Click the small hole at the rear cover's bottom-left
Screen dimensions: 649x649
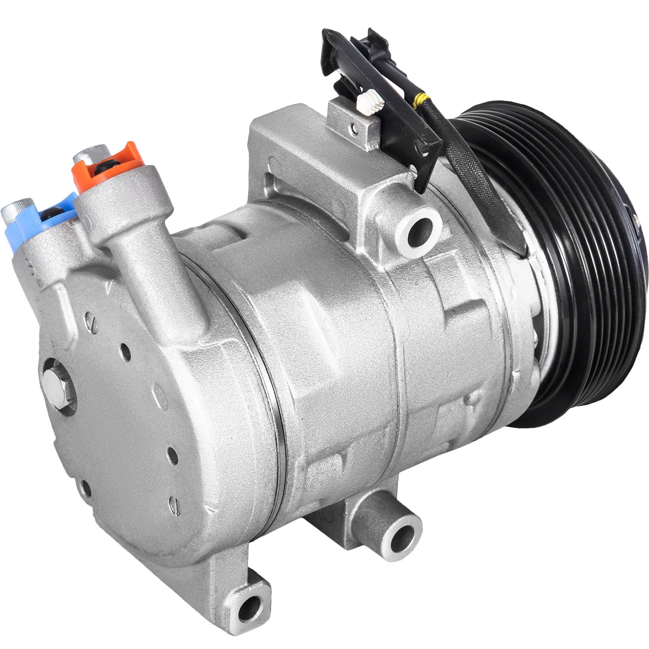tap(86, 488)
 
